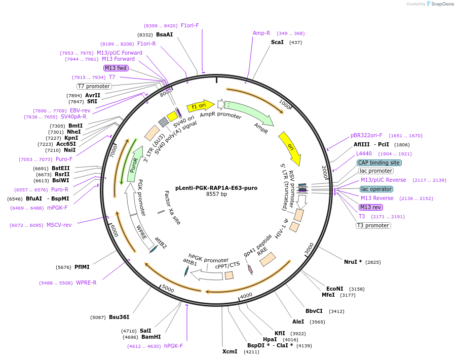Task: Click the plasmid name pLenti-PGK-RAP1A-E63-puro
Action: click(x=216, y=188)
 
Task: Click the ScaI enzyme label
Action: click(x=277, y=42)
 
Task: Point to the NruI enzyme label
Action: click(x=353, y=262)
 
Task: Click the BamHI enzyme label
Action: click(x=151, y=337)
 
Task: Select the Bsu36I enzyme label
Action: click(x=119, y=317)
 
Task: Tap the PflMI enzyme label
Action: click(x=82, y=267)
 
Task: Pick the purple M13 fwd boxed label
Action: click(x=116, y=68)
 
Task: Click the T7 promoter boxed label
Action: click(x=94, y=86)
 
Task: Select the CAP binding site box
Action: click(x=379, y=163)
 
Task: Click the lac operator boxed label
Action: click(x=376, y=189)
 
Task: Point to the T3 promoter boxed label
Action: click(x=373, y=225)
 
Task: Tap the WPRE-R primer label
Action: click(x=86, y=283)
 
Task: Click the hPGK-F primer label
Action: click(x=173, y=346)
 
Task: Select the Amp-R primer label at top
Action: click(x=261, y=33)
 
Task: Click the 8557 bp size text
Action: click(x=216, y=194)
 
